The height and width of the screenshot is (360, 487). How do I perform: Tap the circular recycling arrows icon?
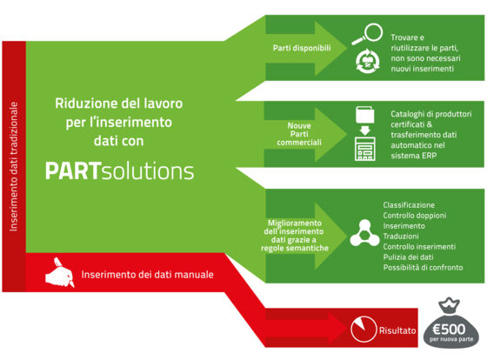click(367, 61)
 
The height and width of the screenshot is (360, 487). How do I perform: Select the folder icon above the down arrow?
click(365, 115)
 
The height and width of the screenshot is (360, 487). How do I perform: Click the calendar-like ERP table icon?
click(365, 149)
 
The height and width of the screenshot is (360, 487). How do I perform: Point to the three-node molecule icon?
click(364, 233)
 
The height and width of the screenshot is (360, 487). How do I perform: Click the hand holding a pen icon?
click(60, 272)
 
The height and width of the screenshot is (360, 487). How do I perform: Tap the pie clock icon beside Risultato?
click(364, 329)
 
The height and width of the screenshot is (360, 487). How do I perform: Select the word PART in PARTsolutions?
click(73, 170)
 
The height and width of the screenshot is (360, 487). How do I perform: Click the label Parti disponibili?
click(302, 48)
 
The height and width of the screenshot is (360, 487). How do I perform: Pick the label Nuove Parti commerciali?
click(299, 134)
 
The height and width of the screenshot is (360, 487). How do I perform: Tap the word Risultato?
click(397, 330)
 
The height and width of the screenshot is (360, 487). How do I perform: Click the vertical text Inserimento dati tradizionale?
click(13, 166)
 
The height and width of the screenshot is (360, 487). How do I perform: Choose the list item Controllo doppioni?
click(415, 216)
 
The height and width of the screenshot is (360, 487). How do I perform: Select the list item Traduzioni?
click(401, 236)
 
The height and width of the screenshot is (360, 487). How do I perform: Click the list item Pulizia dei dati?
click(408, 257)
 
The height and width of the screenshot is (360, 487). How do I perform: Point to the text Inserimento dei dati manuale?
click(147, 274)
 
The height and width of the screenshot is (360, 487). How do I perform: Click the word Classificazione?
click(409, 205)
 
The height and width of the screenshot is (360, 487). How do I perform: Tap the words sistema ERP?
click(414, 156)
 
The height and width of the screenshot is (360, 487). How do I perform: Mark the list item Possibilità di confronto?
click(423, 268)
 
